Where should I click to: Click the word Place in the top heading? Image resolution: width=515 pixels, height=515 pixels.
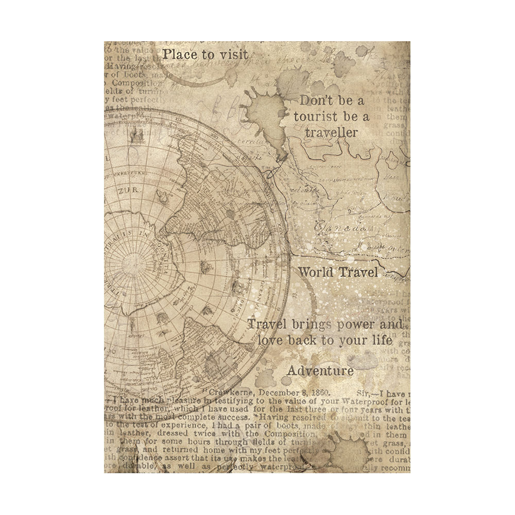point(179,54)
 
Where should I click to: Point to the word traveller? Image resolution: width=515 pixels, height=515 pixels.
point(331,132)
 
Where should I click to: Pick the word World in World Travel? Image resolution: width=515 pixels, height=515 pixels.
point(316,272)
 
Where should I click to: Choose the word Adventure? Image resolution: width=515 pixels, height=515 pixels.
point(320,370)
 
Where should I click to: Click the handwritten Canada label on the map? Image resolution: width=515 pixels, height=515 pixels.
point(340,227)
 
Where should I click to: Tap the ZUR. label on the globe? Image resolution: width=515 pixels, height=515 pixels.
point(124,190)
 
